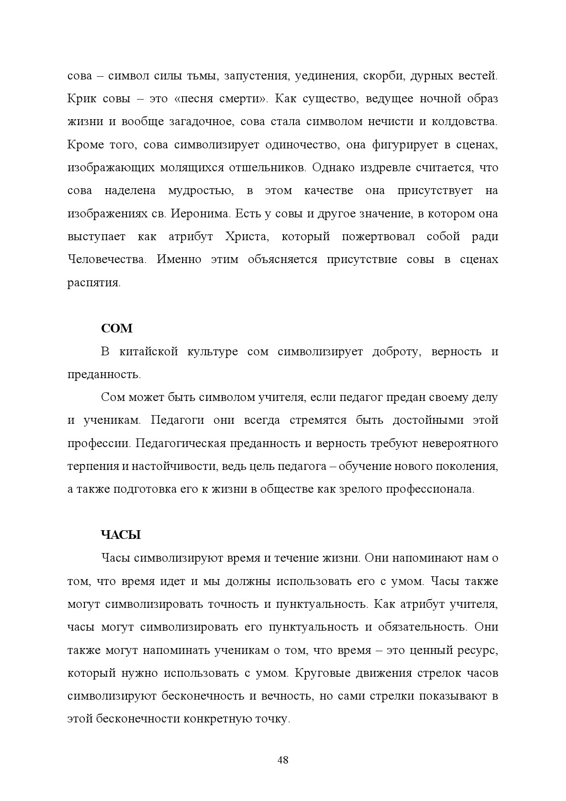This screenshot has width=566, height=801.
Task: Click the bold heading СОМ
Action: click(x=116, y=328)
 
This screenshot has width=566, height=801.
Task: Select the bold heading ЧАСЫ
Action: click(x=121, y=535)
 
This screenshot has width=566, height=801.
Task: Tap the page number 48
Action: click(x=283, y=760)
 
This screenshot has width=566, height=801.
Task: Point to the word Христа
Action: click(x=246, y=237)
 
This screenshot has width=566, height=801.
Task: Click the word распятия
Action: click(x=94, y=283)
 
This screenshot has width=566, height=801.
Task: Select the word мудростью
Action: click(x=200, y=190)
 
